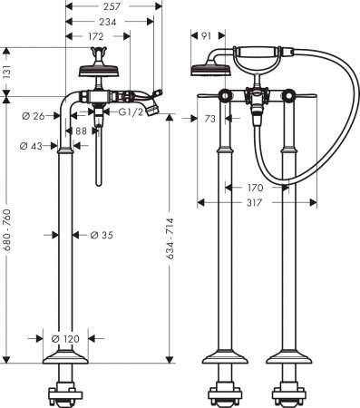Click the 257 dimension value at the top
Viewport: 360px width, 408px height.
pyautogui.click(x=112, y=6)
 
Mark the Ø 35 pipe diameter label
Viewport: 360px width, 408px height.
pyautogui.click(x=102, y=236)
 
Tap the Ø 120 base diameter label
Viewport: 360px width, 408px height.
pyautogui.click(x=67, y=338)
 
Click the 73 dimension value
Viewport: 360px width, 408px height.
pyautogui.click(x=210, y=119)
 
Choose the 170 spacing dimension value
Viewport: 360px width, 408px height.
pyautogui.click(x=256, y=189)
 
